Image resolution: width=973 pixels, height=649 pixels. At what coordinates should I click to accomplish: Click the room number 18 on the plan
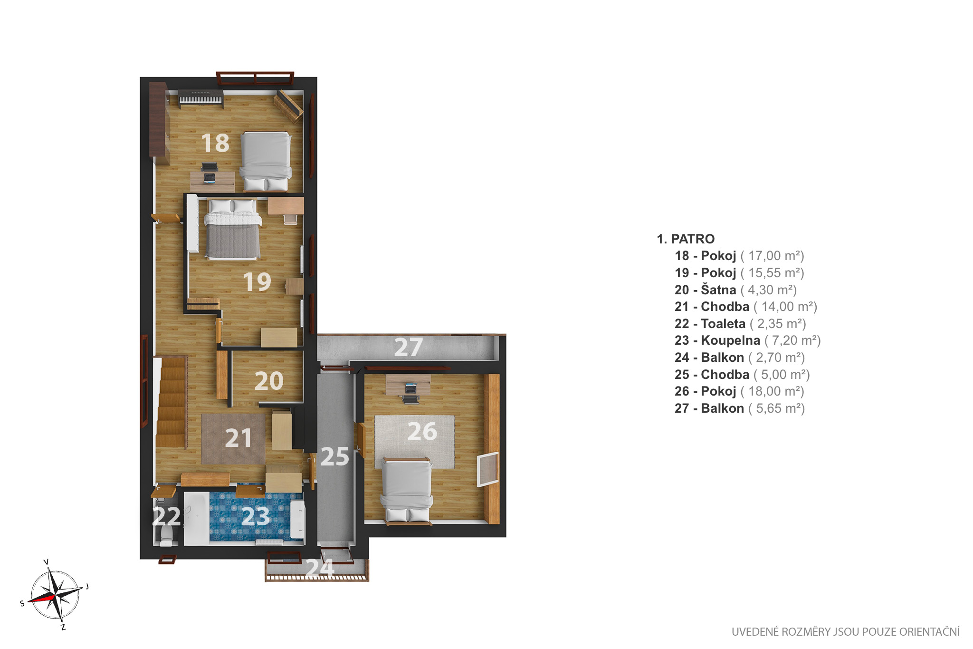[x=215, y=143]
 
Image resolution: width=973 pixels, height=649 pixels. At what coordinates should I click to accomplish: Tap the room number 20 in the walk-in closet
[x=269, y=381]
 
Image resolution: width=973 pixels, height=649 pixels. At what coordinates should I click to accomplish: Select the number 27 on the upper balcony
[x=409, y=347]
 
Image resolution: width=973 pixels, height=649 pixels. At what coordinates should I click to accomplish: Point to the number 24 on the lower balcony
[x=320, y=568]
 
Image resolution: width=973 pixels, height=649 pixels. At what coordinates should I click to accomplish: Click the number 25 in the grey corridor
[x=335, y=457]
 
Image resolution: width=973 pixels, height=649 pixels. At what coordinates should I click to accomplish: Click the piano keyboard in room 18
[x=200, y=98]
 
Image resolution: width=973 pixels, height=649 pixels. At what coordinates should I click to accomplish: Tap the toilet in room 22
[x=166, y=534]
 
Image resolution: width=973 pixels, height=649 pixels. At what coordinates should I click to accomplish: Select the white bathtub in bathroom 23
[x=196, y=519]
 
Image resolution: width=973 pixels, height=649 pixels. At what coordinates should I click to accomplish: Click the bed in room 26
[x=407, y=491]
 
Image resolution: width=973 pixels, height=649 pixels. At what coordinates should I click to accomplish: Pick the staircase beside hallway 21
[x=171, y=402]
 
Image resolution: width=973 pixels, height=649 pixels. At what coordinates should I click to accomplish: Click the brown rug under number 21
[x=233, y=439]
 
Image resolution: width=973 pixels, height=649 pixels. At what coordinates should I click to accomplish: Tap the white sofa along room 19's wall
[x=192, y=223]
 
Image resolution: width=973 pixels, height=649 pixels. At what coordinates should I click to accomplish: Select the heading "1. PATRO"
[x=686, y=239]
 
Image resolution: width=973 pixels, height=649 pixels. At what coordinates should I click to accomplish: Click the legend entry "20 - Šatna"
[x=706, y=290]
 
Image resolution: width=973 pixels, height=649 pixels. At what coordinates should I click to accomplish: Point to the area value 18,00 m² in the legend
[x=776, y=391]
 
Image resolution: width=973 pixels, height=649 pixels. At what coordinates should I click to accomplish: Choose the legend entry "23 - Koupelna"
[x=717, y=340]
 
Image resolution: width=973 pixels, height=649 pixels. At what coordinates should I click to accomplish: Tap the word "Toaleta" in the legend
[x=723, y=324]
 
